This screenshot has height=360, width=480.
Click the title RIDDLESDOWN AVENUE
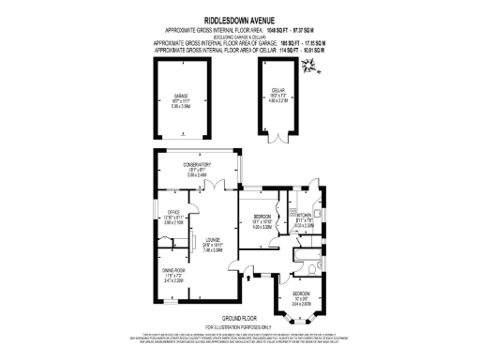click(239, 17)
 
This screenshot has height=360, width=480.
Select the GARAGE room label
click(181, 97)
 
